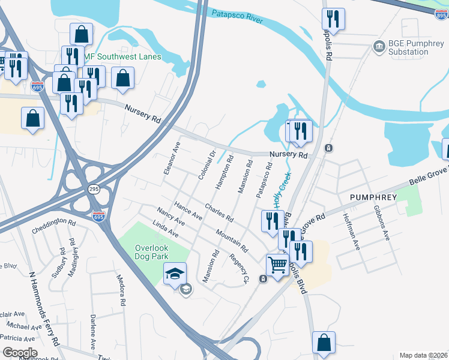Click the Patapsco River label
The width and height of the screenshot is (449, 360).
(x=237, y=16)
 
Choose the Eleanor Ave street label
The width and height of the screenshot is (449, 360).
(x=172, y=158)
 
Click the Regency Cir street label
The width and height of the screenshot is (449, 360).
(x=238, y=268)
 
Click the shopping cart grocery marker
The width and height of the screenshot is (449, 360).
(x=277, y=264)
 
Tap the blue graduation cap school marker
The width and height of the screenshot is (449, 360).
(x=175, y=274)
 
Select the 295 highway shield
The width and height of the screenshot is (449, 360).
(x=94, y=189)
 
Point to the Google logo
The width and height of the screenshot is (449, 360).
(x=20, y=353)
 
